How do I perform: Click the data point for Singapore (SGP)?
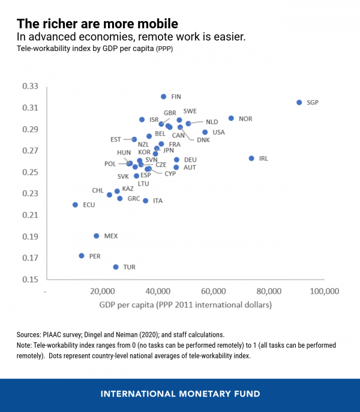(299, 103)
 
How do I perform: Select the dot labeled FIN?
(163, 97)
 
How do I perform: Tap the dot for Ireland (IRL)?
(251, 158)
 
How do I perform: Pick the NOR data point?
(231, 118)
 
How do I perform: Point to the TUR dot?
(116, 267)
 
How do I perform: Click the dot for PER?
(82, 256)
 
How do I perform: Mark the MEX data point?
(96, 236)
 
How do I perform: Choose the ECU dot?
(75, 205)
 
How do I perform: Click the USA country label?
(218, 132)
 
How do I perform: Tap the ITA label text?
(158, 201)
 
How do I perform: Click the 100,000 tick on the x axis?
(325, 291)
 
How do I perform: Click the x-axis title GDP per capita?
(185, 305)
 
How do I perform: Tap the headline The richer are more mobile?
(97, 24)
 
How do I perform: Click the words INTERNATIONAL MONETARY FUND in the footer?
(180, 394)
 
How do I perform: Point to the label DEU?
(190, 160)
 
